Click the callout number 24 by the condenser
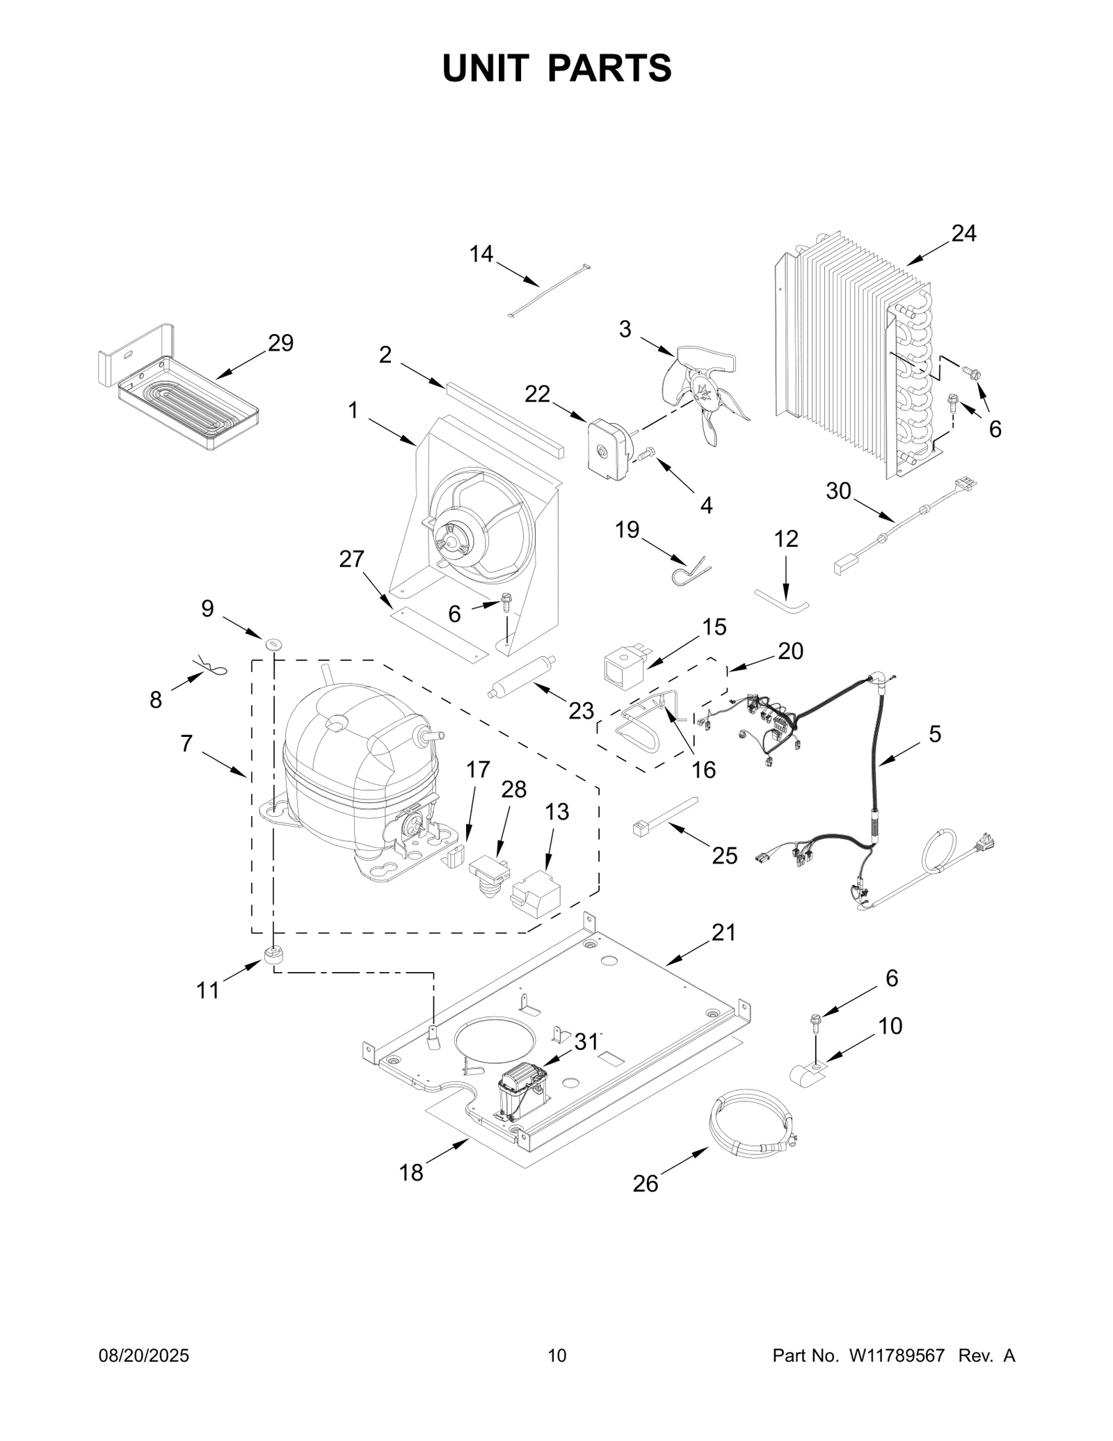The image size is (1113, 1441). click(963, 234)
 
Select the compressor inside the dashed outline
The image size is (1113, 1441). click(358, 772)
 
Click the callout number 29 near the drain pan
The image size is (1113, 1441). click(281, 343)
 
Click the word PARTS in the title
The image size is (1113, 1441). click(610, 68)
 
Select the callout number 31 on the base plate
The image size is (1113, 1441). click(586, 1042)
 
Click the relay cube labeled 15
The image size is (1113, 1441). click(625, 667)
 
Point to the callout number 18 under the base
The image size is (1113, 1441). click(411, 1173)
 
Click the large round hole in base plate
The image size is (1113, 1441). click(495, 1043)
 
